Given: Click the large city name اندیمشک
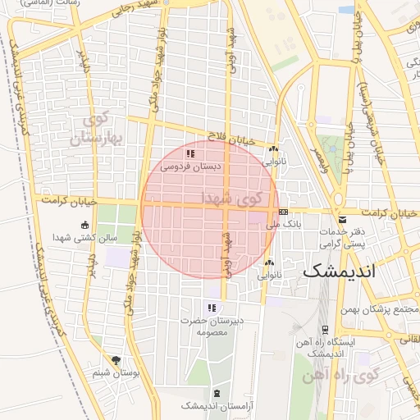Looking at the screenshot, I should [x=338, y=270].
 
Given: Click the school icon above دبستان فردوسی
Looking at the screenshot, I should [x=190, y=153].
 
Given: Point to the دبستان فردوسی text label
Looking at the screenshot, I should [x=186, y=166].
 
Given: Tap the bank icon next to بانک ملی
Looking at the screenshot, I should [x=283, y=212].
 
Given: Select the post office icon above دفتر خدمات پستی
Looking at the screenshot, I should [x=342, y=219].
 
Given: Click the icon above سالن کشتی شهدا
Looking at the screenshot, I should [x=84, y=226].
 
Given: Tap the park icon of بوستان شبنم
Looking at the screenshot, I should [x=116, y=360].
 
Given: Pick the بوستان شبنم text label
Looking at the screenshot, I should [x=112, y=373].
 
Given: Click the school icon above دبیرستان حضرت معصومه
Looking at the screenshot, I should [x=212, y=308].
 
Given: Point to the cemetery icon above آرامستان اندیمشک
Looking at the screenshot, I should [x=216, y=394].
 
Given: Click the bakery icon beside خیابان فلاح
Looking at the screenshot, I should [x=273, y=149].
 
